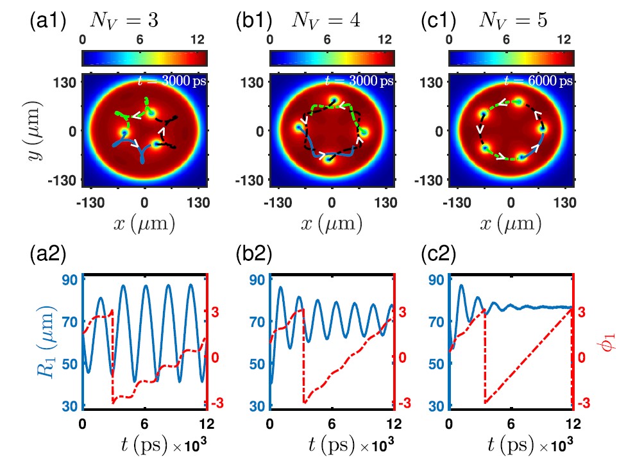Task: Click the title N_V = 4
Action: [325, 21]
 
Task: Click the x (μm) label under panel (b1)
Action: [331, 224]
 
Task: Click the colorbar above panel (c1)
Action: [511, 58]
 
